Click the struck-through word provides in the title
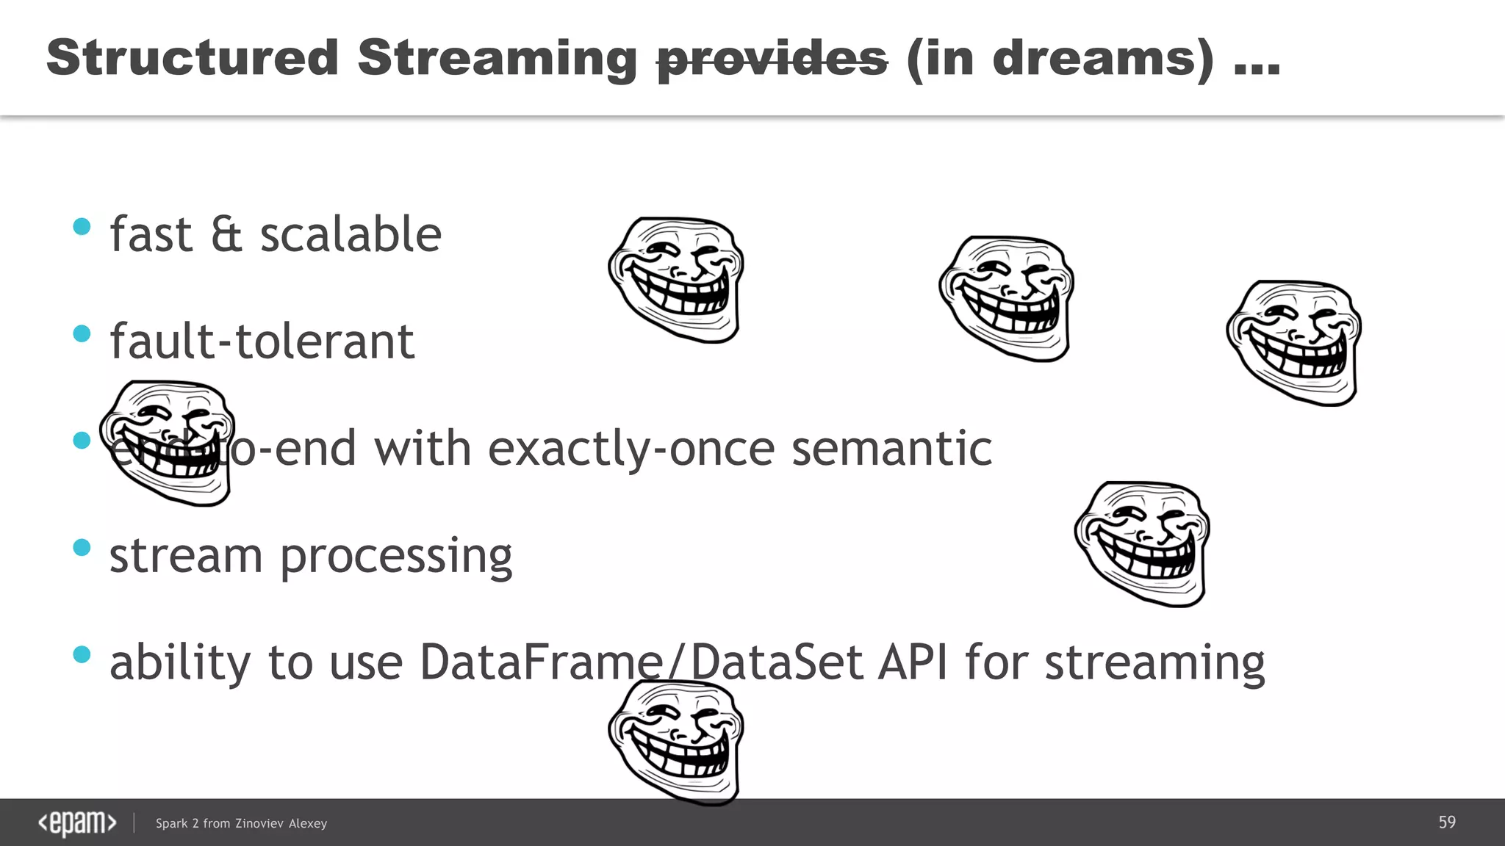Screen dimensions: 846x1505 pos(772,59)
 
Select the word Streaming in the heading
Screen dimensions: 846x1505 pos(498,59)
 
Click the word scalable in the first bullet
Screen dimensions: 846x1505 pos(351,235)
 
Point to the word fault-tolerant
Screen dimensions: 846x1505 pos(262,341)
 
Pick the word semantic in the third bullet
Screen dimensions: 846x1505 pos(891,449)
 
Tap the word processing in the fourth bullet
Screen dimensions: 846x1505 pos(396,557)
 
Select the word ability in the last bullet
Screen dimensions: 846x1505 pos(180,662)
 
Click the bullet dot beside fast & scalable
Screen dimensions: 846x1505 pos(82,227)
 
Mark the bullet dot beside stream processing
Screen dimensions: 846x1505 pos(82,548)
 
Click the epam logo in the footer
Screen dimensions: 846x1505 pos(77,823)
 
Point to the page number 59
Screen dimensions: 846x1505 pos(1447,822)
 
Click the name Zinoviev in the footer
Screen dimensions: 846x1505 pos(259,824)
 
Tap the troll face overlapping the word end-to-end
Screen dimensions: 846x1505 pos(168,443)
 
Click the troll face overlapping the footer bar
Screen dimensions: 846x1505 pos(676,742)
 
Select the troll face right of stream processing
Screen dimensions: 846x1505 pos(1142,543)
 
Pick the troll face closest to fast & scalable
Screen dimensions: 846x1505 pos(676,279)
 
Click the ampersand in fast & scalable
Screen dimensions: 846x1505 pos(226,235)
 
